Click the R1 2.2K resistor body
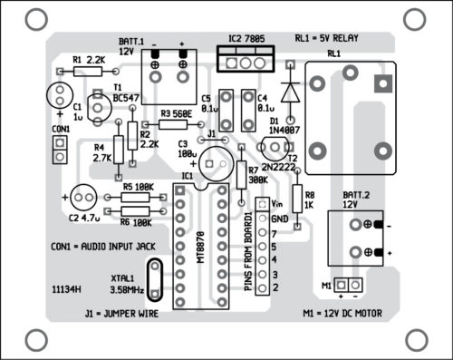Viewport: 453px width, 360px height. (88, 72)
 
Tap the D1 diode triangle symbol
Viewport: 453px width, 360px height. (290, 92)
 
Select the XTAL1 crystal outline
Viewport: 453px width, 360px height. (155, 279)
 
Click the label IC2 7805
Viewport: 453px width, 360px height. (246, 39)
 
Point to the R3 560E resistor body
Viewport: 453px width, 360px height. (173, 124)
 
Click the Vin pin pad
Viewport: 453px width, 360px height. (263, 204)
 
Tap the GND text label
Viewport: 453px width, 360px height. (280, 219)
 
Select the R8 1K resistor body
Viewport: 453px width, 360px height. (297, 199)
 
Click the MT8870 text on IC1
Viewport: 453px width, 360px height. (200, 248)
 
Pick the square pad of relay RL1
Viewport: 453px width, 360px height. (383, 83)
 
